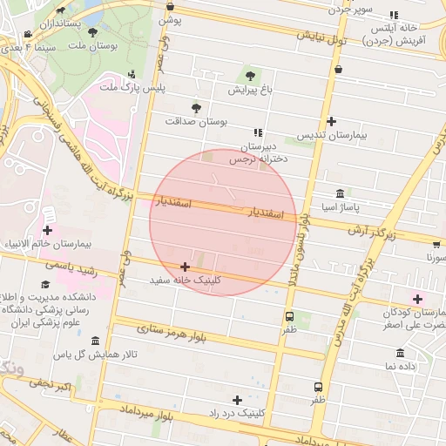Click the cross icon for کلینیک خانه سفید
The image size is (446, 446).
tap(184, 267)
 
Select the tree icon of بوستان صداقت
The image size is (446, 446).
tap(196, 107)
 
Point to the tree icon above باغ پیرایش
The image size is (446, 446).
tap(251, 76)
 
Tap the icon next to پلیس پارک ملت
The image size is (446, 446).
tap(132, 74)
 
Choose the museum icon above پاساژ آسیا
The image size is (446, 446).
tap(339, 193)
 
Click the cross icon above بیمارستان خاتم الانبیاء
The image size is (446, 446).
tap(47, 230)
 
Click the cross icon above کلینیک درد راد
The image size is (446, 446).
tap(237, 399)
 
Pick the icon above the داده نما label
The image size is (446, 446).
tap(401, 353)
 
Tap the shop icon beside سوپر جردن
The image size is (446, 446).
tap(393, 15)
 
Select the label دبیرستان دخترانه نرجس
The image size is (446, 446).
tap(258, 153)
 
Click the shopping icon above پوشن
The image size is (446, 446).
tap(170, 6)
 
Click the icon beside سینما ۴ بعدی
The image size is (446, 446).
tap(29, 35)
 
